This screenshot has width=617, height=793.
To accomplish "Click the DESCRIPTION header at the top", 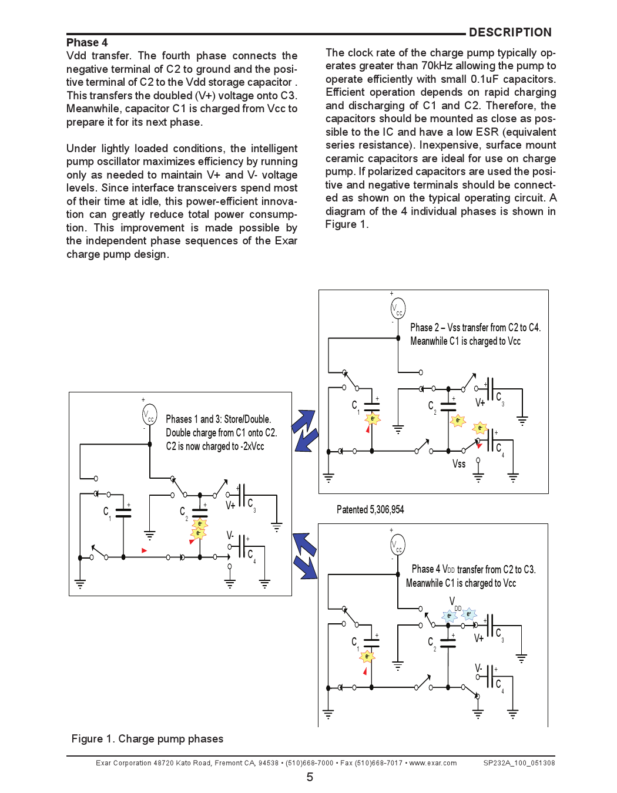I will pyautogui.click(x=509, y=32).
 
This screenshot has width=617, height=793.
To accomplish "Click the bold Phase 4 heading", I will pyautogui.click(x=87, y=42).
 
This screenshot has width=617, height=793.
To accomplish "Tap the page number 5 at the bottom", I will pyautogui.click(x=310, y=777).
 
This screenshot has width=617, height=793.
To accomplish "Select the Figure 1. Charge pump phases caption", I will pyautogui.click(x=147, y=738).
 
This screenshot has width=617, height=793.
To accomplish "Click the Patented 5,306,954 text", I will pyautogui.click(x=370, y=509).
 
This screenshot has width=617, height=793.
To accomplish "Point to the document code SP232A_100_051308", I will pyautogui.click(x=519, y=763).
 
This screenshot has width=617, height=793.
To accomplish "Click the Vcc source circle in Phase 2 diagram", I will pyautogui.click(x=398, y=308).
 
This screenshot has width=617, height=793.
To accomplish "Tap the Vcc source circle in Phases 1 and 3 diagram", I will pyautogui.click(x=150, y=415).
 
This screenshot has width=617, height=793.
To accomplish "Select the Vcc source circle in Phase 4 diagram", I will pyautogui.click(x=398, y=545).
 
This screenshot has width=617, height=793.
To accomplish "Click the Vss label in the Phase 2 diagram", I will pyautogui.click(x=459, y=463).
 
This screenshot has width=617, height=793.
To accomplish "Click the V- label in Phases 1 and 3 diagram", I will pyautogui.click(x=230, y=535).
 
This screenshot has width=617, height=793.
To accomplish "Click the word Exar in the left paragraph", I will pyautogui.click(x=286, y=241).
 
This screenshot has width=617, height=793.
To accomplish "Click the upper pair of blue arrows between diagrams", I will pyautogui.click(x=306, y=431).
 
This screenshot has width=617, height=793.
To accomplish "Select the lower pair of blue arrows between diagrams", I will pyautogui.click(x=305, y=556).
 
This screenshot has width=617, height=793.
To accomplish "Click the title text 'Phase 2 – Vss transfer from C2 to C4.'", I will pyautogui.click(x=475, y=327).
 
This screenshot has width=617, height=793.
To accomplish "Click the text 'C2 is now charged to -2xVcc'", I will pyautogui.click(x=214, y=446).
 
